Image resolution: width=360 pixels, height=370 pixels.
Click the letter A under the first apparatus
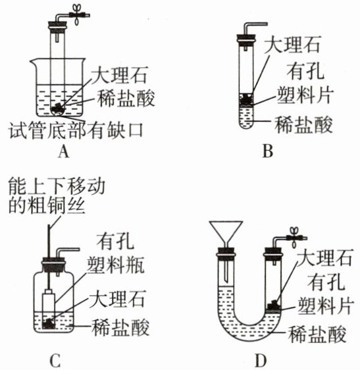[63, 151]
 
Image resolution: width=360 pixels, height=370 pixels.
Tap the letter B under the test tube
[267, 151]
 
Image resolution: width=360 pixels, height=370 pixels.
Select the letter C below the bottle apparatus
[55, 360]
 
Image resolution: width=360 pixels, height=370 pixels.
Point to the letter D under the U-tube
[261, 360]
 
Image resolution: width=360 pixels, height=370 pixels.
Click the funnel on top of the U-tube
[226, 234]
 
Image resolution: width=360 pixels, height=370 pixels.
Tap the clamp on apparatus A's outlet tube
[77, 14]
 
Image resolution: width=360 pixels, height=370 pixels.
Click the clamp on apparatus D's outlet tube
[294, 237]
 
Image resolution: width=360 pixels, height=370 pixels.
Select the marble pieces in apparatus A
[57, 108]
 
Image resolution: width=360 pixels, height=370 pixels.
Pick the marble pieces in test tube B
[246, 98]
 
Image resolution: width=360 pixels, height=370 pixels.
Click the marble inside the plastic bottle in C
[49, 323]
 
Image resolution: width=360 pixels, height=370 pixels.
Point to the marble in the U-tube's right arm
[274, 304]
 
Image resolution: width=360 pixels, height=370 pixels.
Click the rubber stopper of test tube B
[245, 40]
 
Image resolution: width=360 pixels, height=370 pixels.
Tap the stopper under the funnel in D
[226, 252]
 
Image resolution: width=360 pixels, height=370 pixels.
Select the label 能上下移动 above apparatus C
[57, 186]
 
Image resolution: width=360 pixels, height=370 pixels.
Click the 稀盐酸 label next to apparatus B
[304, 124]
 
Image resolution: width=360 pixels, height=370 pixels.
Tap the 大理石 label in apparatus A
[120, 75]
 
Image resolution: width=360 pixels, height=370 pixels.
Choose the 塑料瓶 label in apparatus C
[116, 265]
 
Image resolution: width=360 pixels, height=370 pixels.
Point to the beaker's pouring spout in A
[32, 61]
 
